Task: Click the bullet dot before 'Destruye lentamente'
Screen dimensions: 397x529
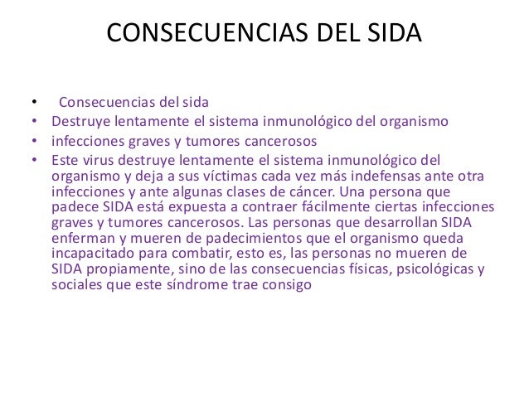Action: point(34,123)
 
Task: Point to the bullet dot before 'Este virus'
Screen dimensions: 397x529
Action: point(34,159)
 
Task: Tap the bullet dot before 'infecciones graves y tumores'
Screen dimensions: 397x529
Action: point(34,141)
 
